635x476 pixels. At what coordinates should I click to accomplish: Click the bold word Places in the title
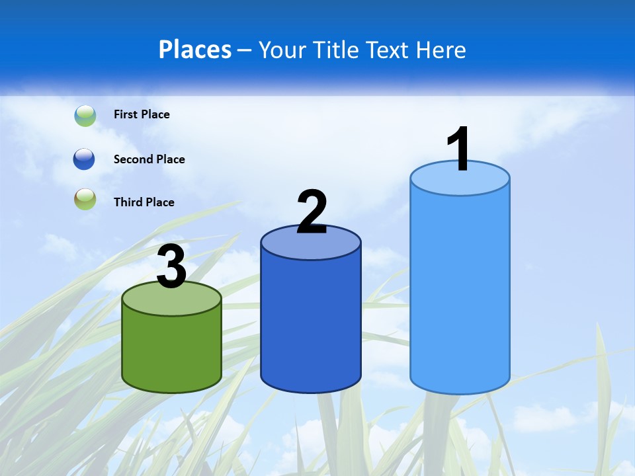195,50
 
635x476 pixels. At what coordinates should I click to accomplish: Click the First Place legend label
142,114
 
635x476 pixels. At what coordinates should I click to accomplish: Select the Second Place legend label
149,159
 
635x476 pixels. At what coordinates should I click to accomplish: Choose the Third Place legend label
144,202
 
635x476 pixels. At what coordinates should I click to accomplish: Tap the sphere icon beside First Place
85,115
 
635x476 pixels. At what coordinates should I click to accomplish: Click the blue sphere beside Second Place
84,159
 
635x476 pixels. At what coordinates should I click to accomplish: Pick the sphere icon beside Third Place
85,199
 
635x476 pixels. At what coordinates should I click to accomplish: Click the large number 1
459,149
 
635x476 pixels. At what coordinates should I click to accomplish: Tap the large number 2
312,212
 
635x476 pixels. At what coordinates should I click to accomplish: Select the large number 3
172,267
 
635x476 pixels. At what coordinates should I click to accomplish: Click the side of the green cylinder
172,350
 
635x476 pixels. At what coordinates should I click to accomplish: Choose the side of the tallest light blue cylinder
460,291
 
